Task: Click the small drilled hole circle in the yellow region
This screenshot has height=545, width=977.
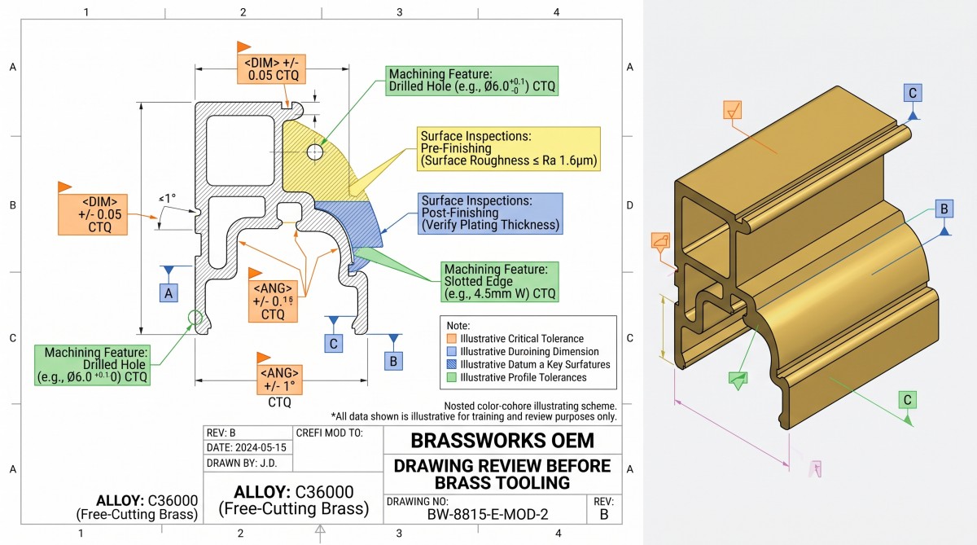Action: point(315,152)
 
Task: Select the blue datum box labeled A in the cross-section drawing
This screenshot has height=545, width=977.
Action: point(169,292)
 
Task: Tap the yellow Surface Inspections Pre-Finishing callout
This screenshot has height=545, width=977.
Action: point(509,149)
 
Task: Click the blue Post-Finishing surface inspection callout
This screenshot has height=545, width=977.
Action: point(490,213)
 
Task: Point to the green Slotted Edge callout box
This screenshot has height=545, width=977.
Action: point(499,281)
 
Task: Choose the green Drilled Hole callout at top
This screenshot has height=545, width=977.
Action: point(472,81)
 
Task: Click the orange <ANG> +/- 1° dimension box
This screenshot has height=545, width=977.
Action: point(279,380)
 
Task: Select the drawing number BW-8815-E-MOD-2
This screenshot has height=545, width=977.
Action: point(488,515)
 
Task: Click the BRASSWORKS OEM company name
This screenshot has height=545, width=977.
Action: point(502,440)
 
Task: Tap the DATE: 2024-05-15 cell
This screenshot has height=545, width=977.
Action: point(247,447)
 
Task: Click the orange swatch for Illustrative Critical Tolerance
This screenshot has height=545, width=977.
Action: point(451,339)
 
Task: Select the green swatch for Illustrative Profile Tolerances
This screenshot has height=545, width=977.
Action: point(451,377)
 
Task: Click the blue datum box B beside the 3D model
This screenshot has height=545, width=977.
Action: point(944,209)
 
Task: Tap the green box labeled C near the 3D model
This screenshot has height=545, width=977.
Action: point(908,400)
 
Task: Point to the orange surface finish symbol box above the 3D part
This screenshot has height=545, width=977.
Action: point(732,110)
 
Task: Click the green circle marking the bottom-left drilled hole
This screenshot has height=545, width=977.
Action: point(195,318)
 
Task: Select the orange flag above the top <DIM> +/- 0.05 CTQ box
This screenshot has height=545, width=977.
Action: point(243,46)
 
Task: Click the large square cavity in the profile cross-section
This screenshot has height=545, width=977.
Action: point(240,150)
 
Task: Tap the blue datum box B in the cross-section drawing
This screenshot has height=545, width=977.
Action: point(393,362)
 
